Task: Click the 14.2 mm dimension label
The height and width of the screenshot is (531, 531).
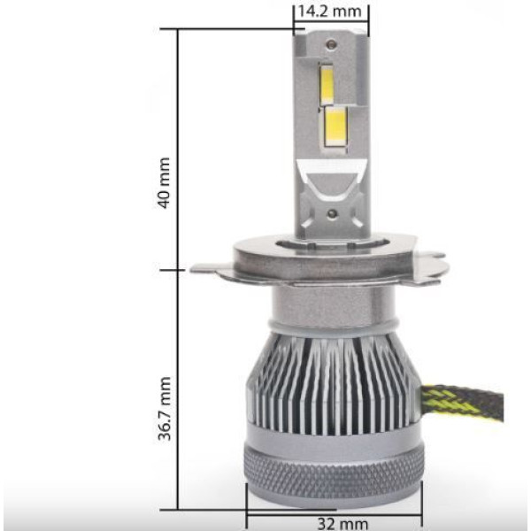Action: [329, 12]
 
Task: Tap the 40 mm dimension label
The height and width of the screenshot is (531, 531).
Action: [165, 183]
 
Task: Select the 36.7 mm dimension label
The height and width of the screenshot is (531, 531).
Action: [165, 408]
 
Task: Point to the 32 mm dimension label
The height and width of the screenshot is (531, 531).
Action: [342, 524]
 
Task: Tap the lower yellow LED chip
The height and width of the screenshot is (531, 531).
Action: [335, 127]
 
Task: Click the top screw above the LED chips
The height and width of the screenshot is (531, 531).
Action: [332, 43]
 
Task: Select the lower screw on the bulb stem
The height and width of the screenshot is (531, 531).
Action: [333, 213]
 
